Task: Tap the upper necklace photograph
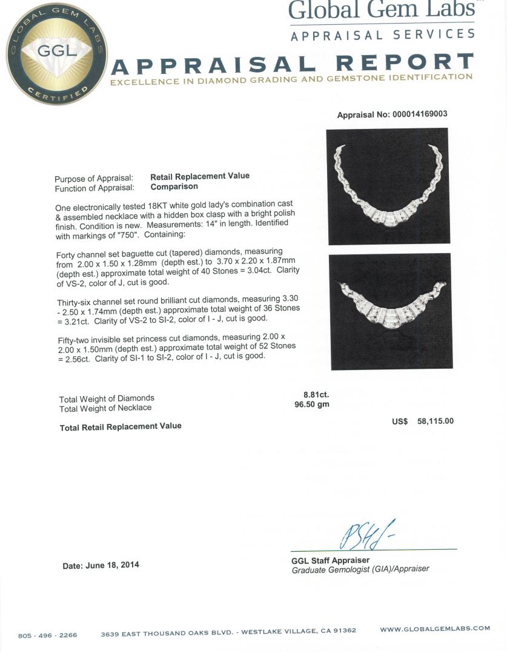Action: [x=387, y=186]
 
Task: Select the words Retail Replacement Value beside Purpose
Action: [x=200, y=176]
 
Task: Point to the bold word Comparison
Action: [x=174, y=187]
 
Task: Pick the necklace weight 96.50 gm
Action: [x=312, y=404]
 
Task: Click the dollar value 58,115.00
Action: [x=436, y=421]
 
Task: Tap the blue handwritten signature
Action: [x=367, y=533]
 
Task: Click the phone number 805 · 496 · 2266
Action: [x=48, y=635]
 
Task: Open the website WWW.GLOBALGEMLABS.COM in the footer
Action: [x=435, y=629]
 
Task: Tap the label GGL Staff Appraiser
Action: [x=330, y=560]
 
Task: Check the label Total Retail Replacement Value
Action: [x=121, y=426]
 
